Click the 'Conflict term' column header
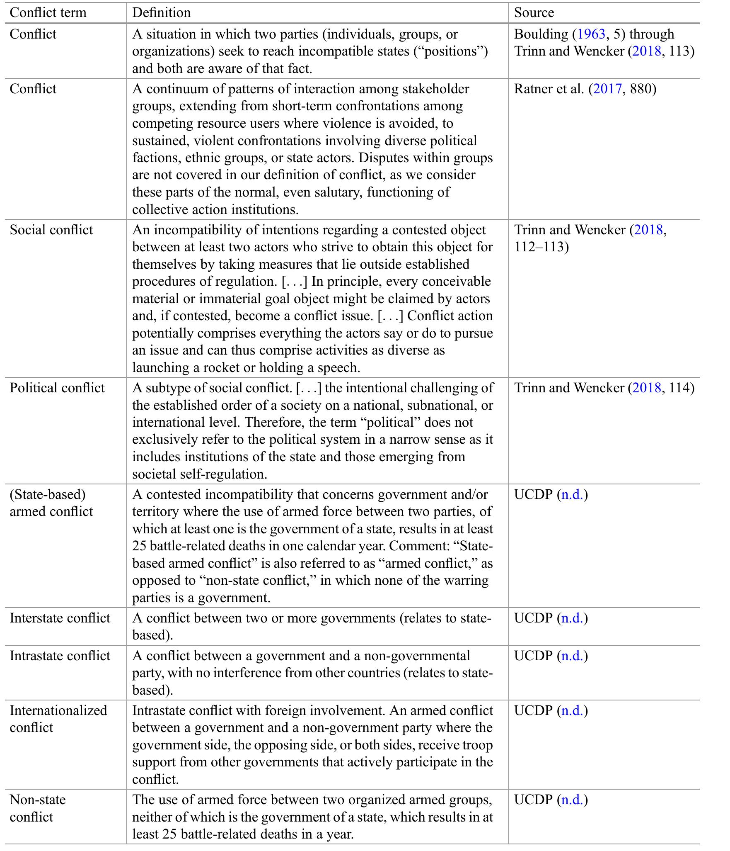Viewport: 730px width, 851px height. (x=48, y=12)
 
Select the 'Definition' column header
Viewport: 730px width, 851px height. (x=161, y=12)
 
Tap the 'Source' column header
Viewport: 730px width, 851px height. (x=534, y=12)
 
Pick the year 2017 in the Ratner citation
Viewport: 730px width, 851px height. (x=607, y=89)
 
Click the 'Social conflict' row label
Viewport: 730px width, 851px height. (x=51, y=230)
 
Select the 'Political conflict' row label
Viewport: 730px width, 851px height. (x=57, y=388)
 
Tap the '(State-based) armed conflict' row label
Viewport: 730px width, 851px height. (x=51, y=503)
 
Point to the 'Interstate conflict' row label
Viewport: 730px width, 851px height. (x=60, y=618)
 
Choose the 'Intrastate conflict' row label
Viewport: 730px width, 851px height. (x=60, y=656)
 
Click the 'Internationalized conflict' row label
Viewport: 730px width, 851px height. (x=58, y=719)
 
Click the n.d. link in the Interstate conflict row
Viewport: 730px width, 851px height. (x=573, y=618)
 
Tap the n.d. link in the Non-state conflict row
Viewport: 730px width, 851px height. (x=573, y=800)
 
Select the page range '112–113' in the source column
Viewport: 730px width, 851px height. (x=541, y=247)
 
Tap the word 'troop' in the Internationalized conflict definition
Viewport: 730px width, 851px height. (x=476, y=745)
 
